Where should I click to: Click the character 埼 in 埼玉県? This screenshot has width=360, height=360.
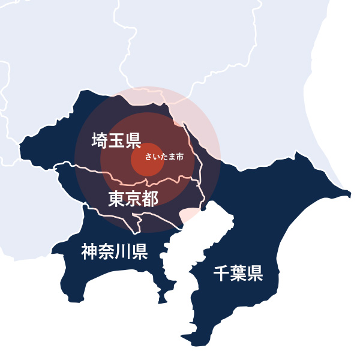pos(100,141)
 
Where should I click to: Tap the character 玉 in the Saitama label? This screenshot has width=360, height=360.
pos(116,141)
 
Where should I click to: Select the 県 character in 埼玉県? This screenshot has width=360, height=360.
pos(133,141)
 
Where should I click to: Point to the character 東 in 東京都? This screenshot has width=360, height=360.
pos(116,199)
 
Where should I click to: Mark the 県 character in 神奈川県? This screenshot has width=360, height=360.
pos(140,251)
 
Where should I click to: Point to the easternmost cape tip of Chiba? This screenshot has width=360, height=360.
pos(349,193)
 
